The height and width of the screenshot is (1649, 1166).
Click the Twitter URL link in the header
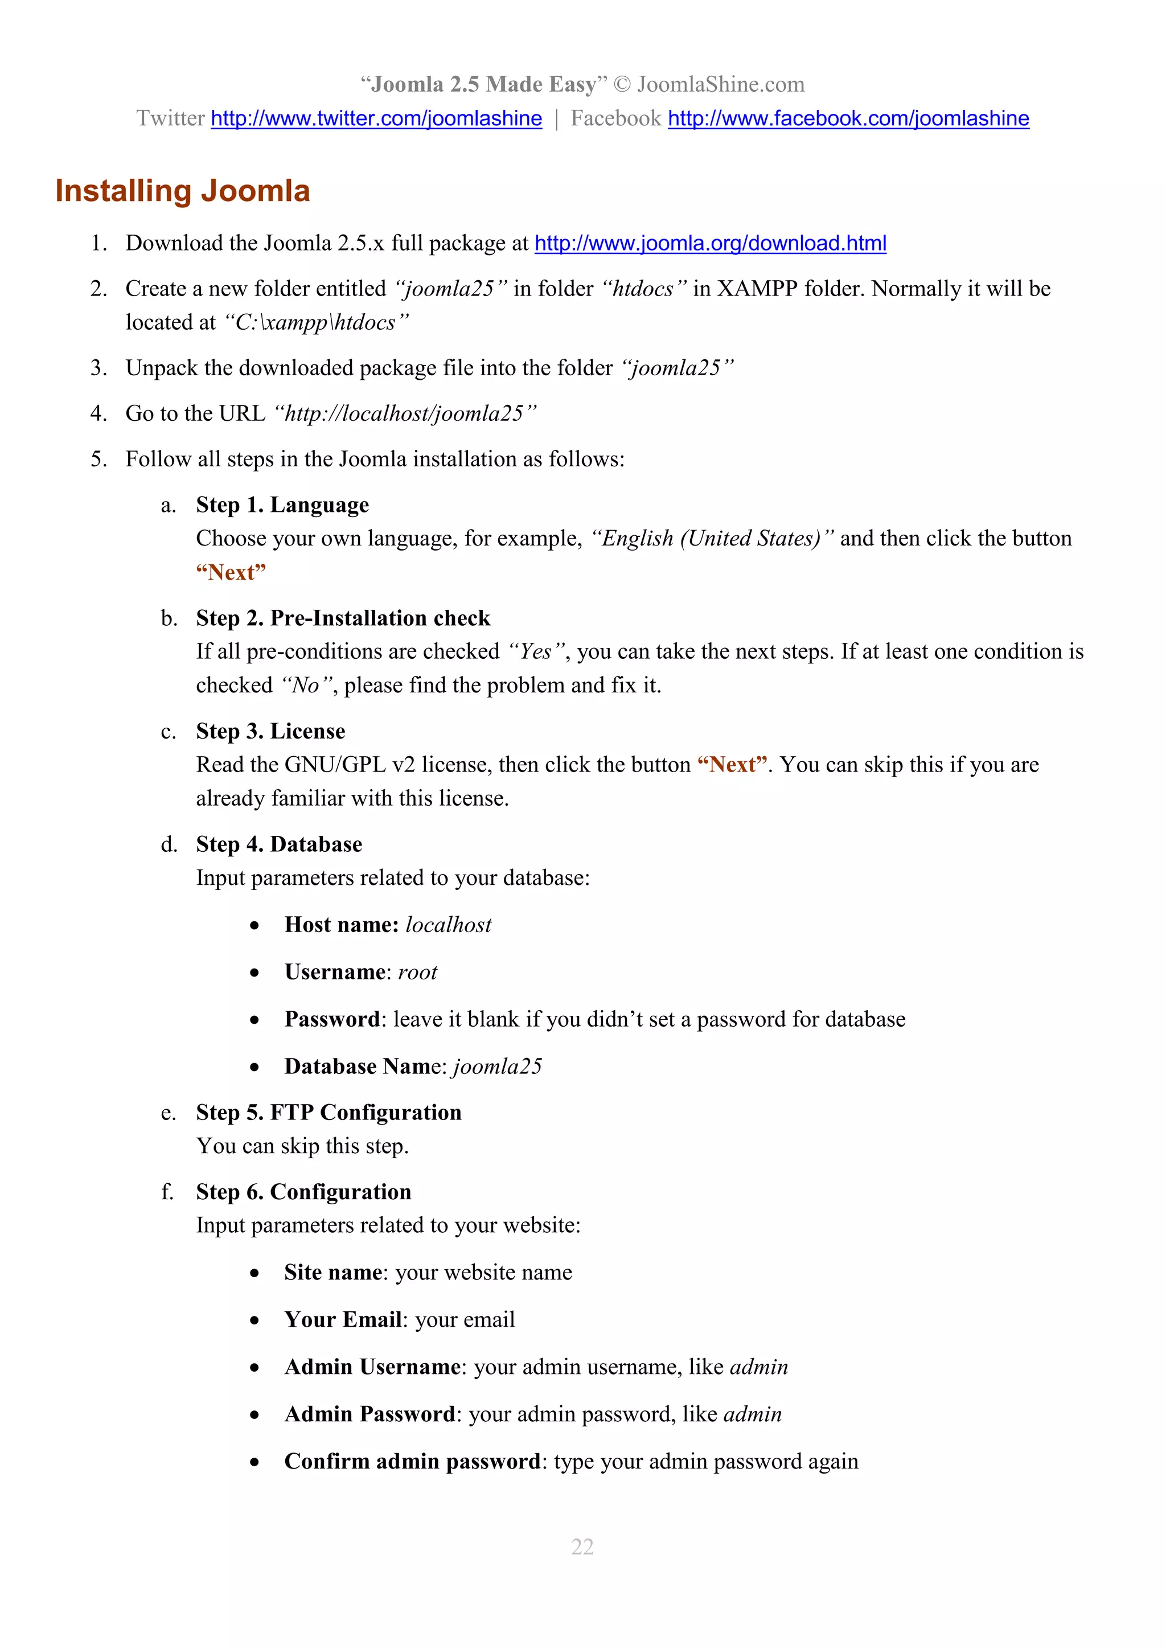[376, 118]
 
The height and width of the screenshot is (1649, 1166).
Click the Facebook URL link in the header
[848, 118]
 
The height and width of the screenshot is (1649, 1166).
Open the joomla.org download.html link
[710, 244]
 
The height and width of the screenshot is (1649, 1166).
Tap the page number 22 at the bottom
[582, 1547]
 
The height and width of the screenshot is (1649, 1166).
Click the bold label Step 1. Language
[282, 505]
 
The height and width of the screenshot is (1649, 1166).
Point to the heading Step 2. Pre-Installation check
[343, 618]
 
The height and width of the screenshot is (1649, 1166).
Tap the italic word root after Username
[417, 973]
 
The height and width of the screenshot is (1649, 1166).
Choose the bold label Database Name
[365, 1066]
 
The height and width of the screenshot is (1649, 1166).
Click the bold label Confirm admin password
[412, 1462]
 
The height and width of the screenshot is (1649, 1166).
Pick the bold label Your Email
[343, 1320]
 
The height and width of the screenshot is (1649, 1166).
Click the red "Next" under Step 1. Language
[231, 573]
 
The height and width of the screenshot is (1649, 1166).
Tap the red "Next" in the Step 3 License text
[732, 765]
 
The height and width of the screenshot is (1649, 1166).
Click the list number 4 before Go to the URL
[98, 414]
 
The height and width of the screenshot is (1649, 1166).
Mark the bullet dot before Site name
[254, 1273]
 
